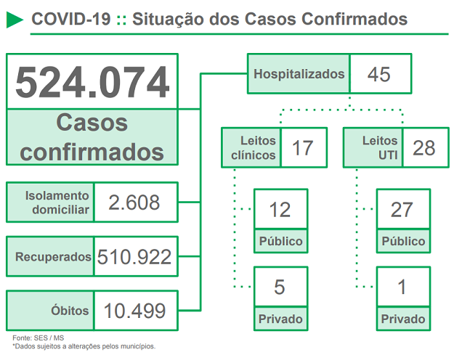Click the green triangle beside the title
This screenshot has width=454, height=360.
click(14, 19)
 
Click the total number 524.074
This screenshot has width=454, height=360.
click(92, 82)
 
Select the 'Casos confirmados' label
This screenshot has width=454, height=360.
click(92, 137)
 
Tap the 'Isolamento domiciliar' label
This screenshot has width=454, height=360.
click(51, 202)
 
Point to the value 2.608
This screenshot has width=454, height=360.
click(134, 202)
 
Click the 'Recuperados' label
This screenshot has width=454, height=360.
click(51, 256)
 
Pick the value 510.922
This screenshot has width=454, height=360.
click(135, 256)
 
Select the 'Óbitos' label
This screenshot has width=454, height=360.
click(51, 311)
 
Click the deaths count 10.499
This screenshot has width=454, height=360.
click(135, 311)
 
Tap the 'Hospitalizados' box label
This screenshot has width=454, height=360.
click(299, 73)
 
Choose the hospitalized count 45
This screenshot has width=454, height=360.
click(379, 73)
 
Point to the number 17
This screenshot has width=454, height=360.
click(302, 147)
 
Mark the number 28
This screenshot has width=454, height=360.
click(424, 147)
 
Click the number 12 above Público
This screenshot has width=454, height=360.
click(280, 210)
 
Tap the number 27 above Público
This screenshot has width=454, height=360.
click(402, 210)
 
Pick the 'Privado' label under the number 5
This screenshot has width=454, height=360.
click(280, 319)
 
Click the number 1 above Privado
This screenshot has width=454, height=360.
click(402, 288)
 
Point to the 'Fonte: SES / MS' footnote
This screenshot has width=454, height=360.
click(38, 337)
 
